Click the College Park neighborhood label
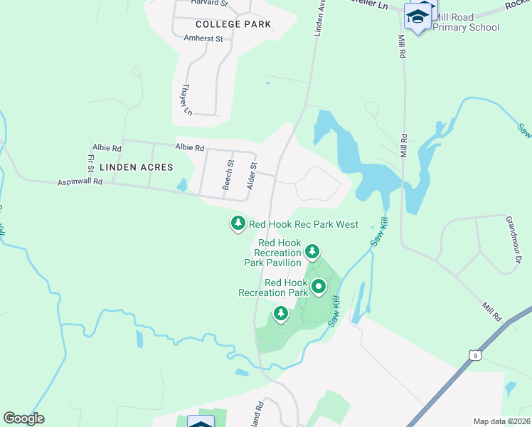coord(233,24)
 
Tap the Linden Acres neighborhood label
coord(136,167)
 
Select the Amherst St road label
coord(203,38)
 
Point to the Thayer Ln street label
coord(187,100)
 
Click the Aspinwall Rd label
coord(80,182)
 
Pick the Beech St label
coord(229,174)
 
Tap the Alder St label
coord(250,175)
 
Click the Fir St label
coord(91,164)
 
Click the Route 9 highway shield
coord(474,354)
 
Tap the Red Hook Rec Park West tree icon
coord(238,223)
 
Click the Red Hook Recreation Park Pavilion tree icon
coord(312,251)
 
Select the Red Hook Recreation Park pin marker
coord(319,287)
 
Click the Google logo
coord(23,418)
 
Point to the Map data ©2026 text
coord(501,421)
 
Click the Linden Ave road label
coord(319,19)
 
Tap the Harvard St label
coord(209,4)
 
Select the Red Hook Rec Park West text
coord(303,225)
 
